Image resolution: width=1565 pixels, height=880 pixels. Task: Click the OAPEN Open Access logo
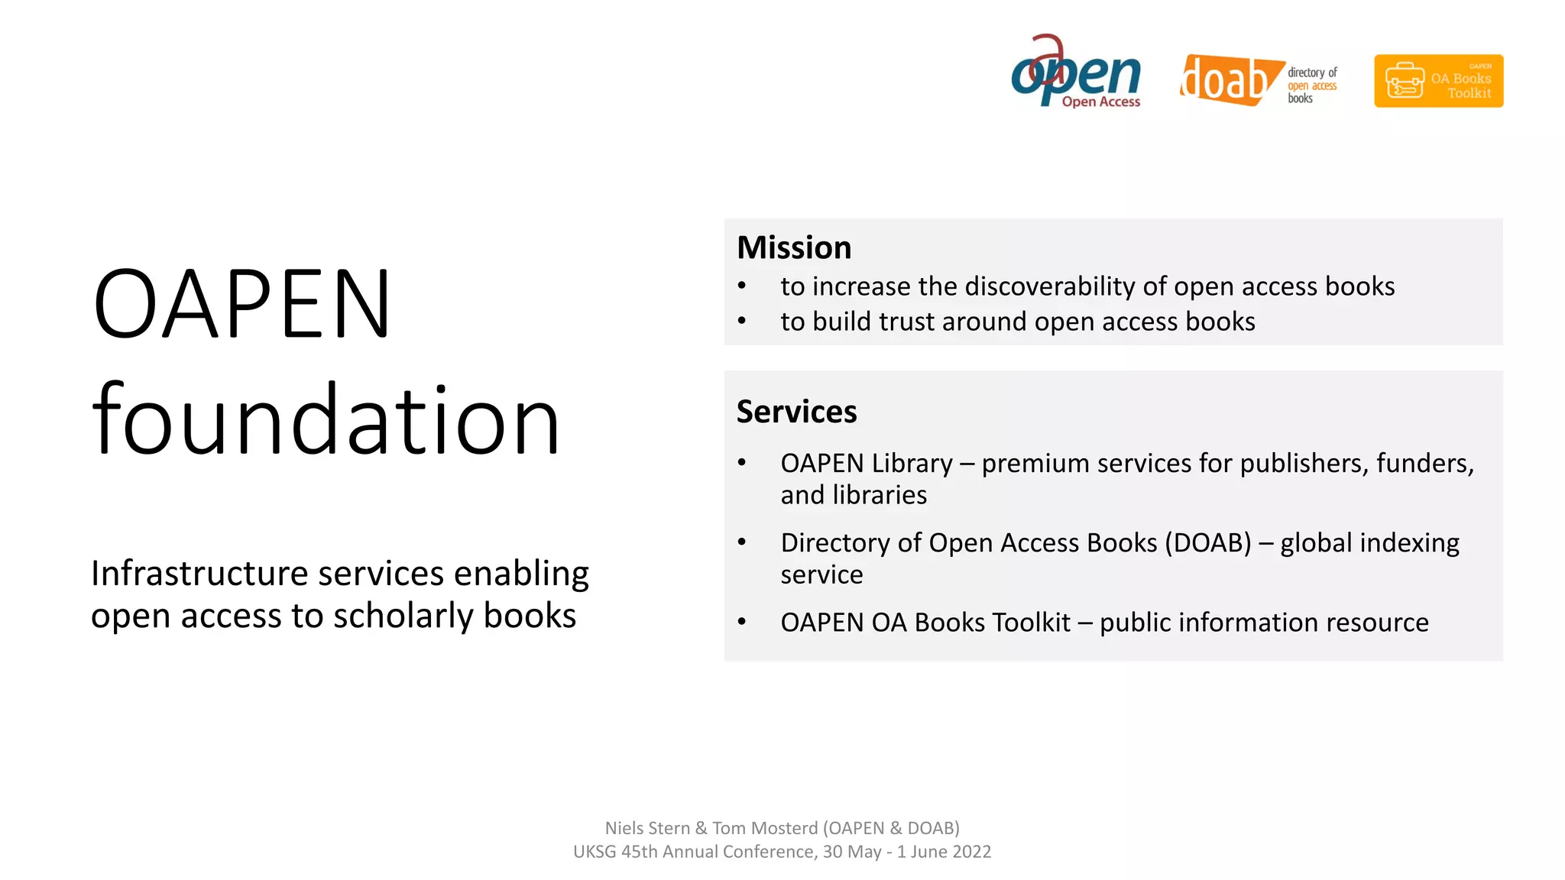[x=1076, y=73]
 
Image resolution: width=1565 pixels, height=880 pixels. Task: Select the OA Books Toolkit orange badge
[x=1438, y=81]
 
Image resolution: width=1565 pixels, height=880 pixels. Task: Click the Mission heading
[x=794, y=247]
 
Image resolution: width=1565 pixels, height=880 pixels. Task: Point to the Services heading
[x=796, y=412]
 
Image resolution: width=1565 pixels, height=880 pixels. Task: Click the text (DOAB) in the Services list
[x=1207, y=543]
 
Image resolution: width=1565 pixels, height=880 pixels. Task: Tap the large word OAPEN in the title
[x=241, y=303]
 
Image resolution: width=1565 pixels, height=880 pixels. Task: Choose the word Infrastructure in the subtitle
[x=199, y=574]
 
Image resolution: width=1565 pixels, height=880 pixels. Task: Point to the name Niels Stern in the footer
[x=646, y=828]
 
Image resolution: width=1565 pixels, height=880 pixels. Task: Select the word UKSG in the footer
[x=595, y=852]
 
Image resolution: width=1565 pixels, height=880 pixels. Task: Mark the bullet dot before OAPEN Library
[x=741, y=463]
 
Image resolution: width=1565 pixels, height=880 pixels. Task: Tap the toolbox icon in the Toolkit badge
[x=1405, y=81]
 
